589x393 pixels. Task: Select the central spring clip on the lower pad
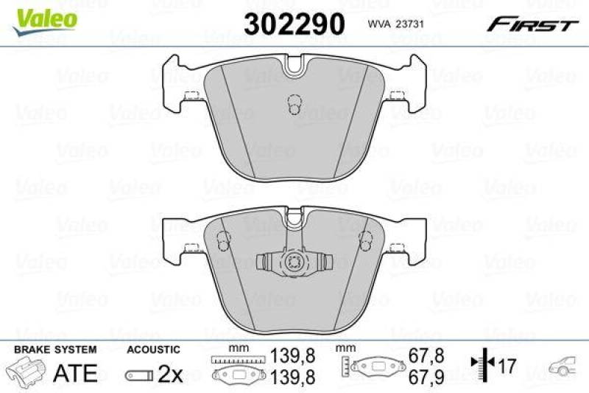[294, 262]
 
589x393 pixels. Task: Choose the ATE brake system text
[76, 373]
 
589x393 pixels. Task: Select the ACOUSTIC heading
[153, 349]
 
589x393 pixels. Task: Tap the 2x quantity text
[170, 375]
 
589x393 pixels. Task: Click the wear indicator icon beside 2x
[138, 375]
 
